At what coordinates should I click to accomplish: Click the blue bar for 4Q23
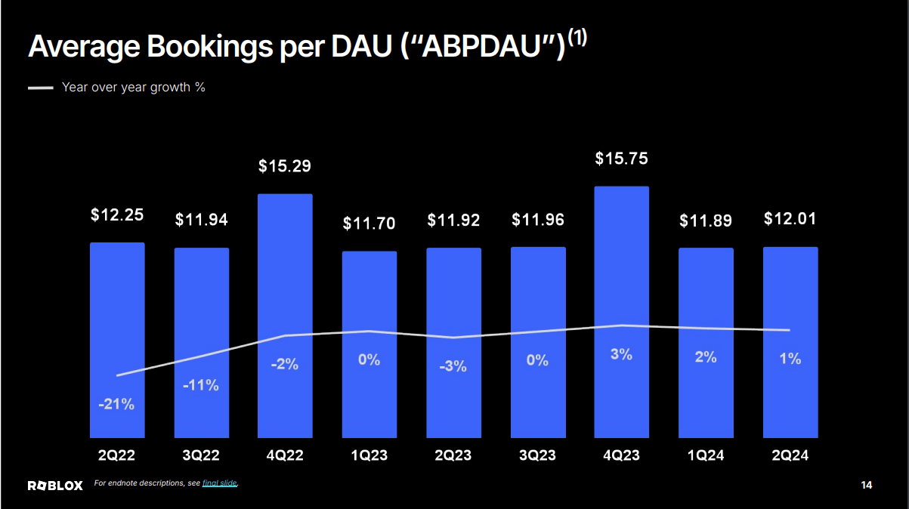621,311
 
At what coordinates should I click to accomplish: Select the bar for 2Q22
117,340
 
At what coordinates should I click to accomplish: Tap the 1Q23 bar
369,344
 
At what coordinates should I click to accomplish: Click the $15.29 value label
285,165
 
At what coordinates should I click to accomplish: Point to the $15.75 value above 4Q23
621,159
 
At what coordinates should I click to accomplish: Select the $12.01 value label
790,219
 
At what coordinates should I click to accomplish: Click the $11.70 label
369,223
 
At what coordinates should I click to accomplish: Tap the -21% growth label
116,404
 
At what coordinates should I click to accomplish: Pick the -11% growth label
201,385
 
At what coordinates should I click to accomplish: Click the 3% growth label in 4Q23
621,353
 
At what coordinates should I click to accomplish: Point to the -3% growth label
453,366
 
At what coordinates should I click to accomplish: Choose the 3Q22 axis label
201,456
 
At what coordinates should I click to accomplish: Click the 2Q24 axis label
790,456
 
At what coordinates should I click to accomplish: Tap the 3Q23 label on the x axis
537,456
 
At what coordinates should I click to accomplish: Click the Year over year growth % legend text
134,87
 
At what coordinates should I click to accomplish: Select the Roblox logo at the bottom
55,485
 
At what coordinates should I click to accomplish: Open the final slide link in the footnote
219,483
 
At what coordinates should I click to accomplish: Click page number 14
866,485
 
